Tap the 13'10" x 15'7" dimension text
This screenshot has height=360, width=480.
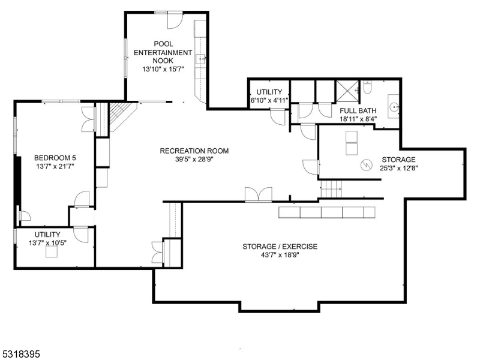tap(163, 70)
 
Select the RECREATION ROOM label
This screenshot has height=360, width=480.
tap(194, 151)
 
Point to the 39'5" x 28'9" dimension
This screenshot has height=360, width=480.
tap(194, 160)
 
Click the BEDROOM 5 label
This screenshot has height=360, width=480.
tap(55, 158)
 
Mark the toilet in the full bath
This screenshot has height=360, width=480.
tap(368, 88)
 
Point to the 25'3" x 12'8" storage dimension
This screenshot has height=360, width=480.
tap(398, 169)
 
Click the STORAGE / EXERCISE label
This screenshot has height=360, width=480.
tap(280, 247)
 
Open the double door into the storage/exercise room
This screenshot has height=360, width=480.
tap(258, 194)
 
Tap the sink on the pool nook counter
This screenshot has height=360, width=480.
tap(202, 58)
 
